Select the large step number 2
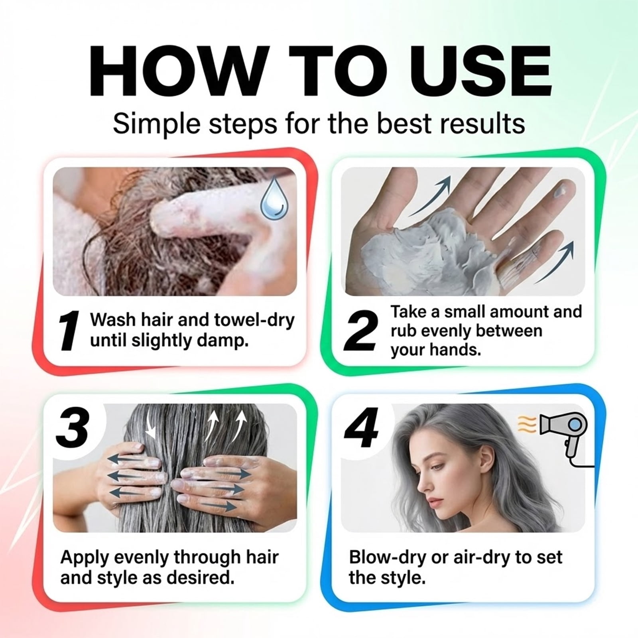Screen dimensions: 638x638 (x=360, y=331)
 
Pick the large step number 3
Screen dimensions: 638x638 (x=72, y=427)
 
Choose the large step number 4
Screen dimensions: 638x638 (x=361, y=427)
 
